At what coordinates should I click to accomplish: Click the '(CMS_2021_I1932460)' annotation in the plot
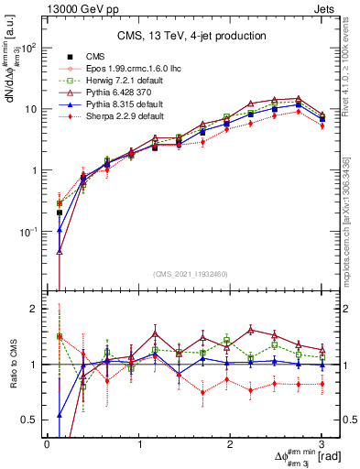(190, 273)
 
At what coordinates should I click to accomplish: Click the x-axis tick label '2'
(231, 443)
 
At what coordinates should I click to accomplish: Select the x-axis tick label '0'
(47, 443)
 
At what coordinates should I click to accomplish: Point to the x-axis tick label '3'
(322, 443)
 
